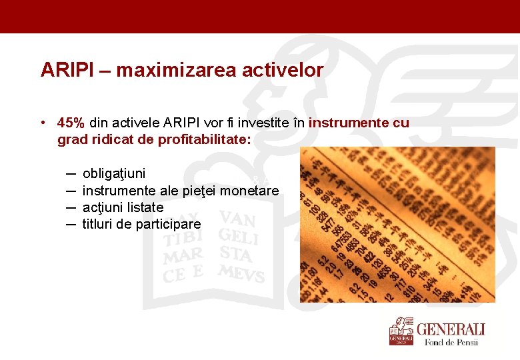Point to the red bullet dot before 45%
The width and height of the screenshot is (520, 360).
pyautogui.click(x=43, y=123)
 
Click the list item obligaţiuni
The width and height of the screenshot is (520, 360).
pyautogui.click(x=114, y=173)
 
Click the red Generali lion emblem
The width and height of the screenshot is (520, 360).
pyautogui.click(x=401, y=331)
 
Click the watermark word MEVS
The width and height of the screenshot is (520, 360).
pyautogui.click(x=241, y=273)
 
